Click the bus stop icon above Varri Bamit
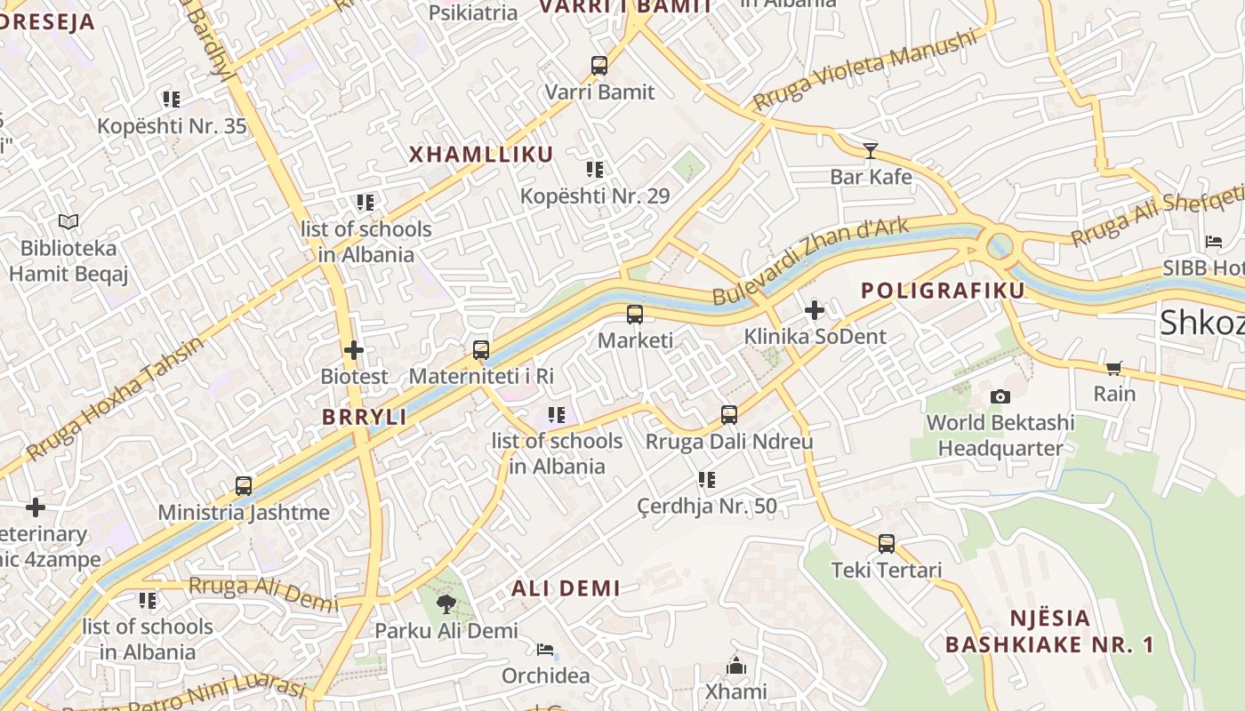pyautogui.click(x=599, y=66)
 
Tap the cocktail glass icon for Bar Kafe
pyautogui.click(x=871, y=150)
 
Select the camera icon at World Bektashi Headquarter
pyautogui.click(x=1000, y=396)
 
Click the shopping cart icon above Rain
pyautogui.click(x=1114, y=368)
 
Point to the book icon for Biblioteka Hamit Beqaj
pyautogui.click(x=68, y=221)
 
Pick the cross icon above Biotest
pyautogui.click(x=354, y=350)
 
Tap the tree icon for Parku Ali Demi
pyautogui.click(x=446, y=604)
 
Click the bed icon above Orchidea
pyautogui.click(x=545, y=650)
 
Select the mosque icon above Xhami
pyautogui.click(x=736, y=666)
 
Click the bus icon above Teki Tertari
pyautogui.click(x=887, y=544)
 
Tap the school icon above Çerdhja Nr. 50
pyautogui.click(x=707, y=480)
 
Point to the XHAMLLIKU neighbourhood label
pyautogui.click(x=481, y=154)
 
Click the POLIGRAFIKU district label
pyautogui.click(x=943, y=290)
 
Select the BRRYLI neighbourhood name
pyautogui.click(x=364, y=417)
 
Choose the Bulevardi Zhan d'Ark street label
pyautogui.click(x=811, y=260)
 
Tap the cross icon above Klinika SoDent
pyautogui.click(x=815, y=310)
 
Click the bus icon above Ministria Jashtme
pyautogui.click(x=244, y=486)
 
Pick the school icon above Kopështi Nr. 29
pyautogui.click(x=595, y=170)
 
